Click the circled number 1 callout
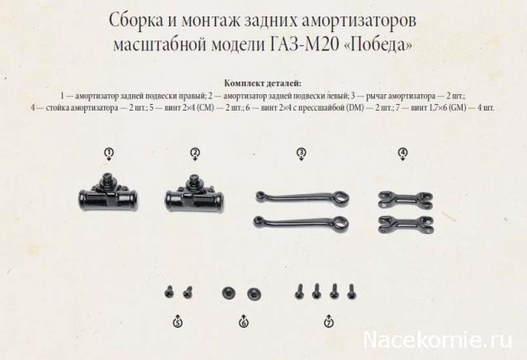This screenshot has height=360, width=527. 108,154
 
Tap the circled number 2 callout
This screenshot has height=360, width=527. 195,153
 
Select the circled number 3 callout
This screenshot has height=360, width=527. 301,153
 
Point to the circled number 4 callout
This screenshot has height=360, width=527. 402,153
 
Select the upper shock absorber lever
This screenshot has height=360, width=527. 301,197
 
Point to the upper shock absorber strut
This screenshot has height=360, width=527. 406,200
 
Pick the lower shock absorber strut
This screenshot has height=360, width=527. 406,225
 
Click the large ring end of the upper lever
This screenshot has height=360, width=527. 340,198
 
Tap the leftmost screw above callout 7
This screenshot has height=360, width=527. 299,291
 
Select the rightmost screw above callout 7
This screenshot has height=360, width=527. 352,291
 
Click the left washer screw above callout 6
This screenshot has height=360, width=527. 228,293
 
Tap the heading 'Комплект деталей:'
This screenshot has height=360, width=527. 263,83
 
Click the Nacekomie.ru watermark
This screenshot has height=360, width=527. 438,340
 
